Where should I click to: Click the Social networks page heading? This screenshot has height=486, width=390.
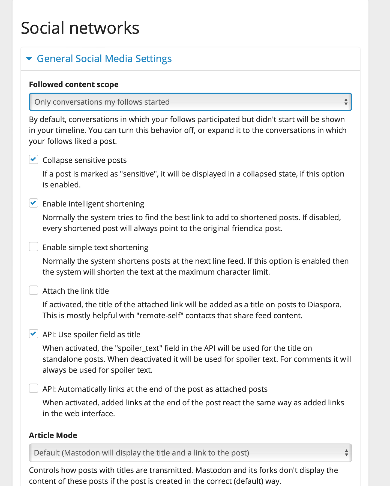pos(80,28)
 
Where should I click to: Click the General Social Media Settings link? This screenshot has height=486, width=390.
pos(104,59)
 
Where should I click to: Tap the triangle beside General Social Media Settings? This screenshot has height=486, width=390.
pos(29,59)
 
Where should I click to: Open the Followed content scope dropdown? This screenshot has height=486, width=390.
pos(190,102)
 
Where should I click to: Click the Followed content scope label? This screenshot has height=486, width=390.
pos(74,84)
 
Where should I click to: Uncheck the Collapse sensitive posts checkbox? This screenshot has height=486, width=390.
pos(34,160)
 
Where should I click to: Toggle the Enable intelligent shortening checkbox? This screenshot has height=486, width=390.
pos(34,203)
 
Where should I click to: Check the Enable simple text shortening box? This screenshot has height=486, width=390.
pos(34,247)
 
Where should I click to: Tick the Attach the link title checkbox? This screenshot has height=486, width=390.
pos(34,290)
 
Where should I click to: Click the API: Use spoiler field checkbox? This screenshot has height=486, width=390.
pos(34,334)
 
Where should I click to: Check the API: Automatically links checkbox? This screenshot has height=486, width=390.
pos(34,388)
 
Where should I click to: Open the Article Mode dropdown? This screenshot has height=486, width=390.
pos(190,453)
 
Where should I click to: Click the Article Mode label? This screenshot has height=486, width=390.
pos(53,435)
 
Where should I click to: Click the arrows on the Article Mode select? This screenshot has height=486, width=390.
pos(346,453)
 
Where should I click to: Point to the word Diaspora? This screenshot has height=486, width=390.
pos(324,305)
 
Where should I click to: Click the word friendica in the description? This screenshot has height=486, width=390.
pos(247,228)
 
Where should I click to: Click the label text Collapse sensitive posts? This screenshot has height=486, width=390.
pos(85,160)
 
